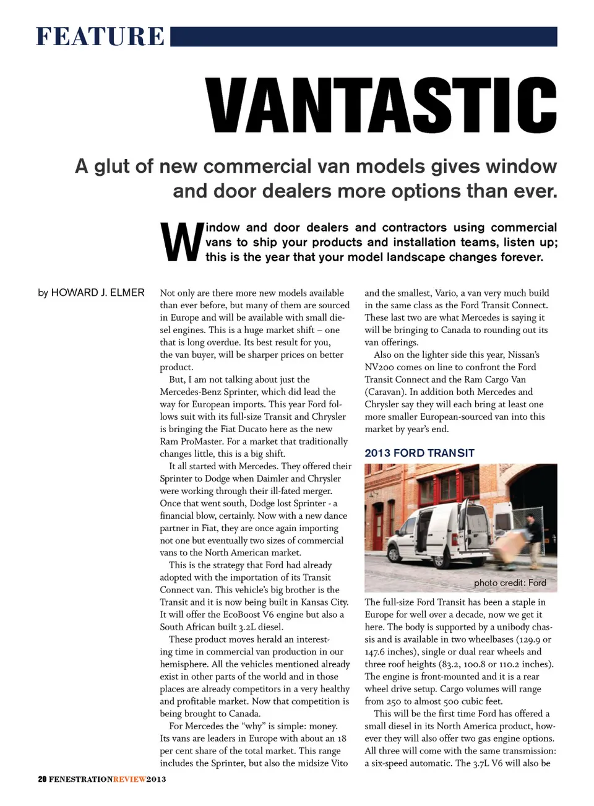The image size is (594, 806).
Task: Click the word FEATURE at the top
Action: [100, 37]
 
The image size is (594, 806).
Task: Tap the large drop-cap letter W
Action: [181, 242]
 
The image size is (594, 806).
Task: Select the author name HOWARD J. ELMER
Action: [98, 293]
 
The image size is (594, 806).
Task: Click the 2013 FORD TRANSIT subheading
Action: [420, 453]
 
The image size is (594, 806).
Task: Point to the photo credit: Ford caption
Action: [510, 583]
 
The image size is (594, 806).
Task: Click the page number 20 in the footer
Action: [42, 779]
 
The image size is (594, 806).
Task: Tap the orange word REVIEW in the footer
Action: [129, 779]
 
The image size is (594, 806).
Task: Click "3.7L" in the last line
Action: [483, 763]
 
